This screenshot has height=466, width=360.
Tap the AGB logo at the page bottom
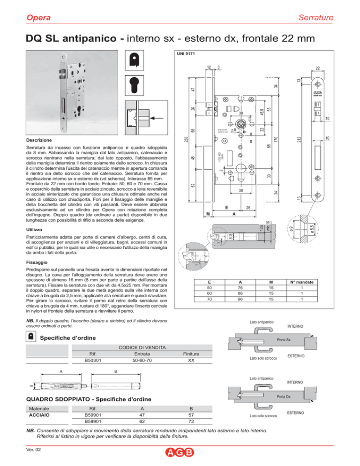(180, 454)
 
